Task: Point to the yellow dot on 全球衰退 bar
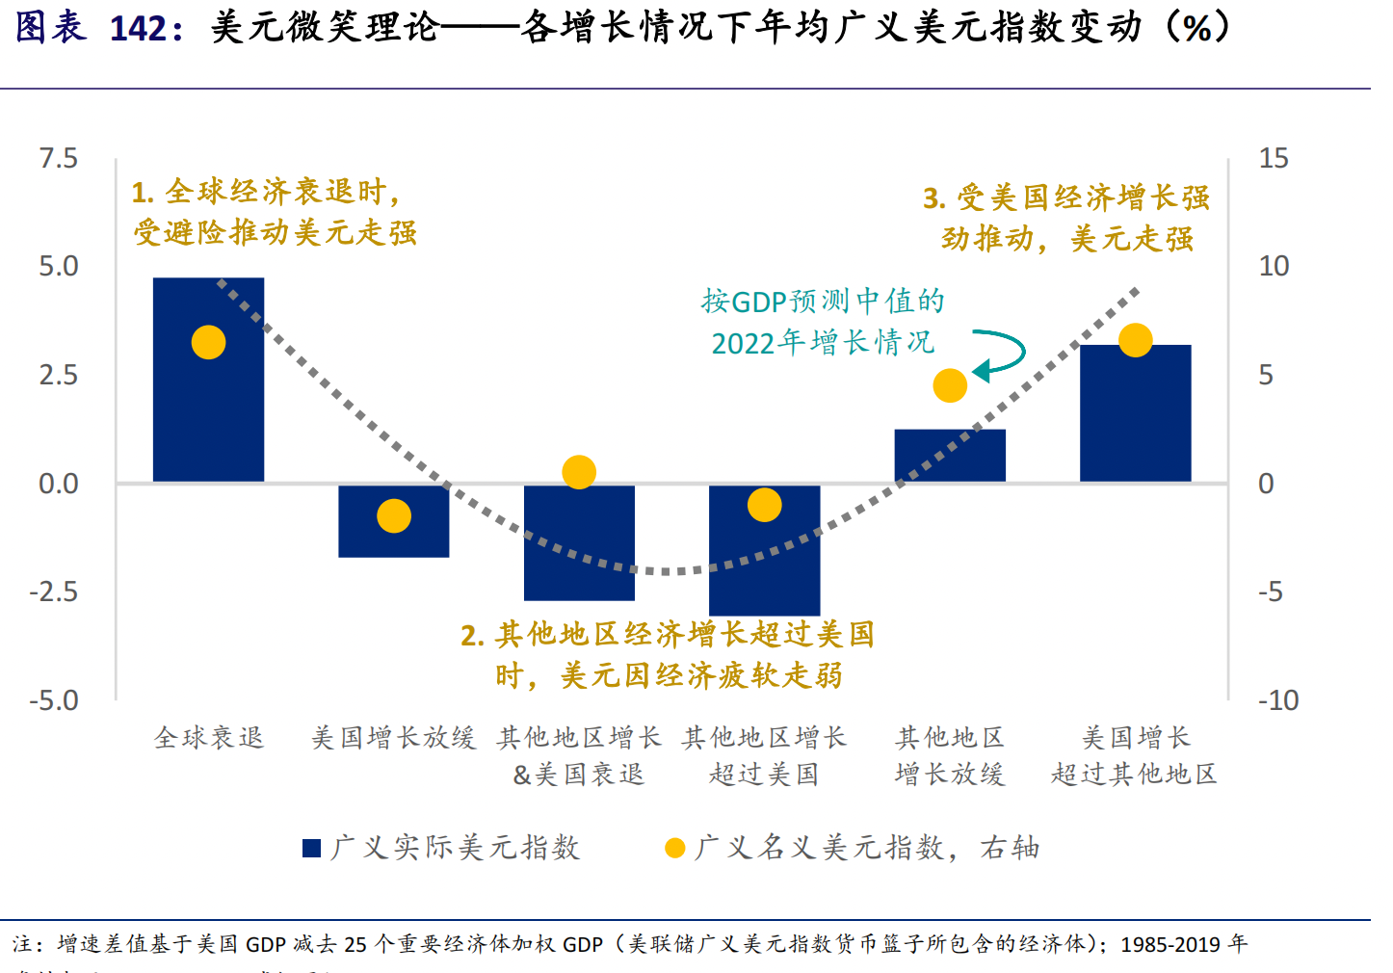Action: click(x=208, y=342)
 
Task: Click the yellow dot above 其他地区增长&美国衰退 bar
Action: click(x=579, y=472)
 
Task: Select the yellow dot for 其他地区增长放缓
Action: click(x=950, y=385)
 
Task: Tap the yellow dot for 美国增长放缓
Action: click(x=394, y=516)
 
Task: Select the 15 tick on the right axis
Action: click(x=1274, y=158)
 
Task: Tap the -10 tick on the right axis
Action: click(x=1277, y=700)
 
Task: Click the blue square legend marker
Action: click(x=311, y=848)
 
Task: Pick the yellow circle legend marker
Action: click(x=674, y=848)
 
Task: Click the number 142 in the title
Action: click(x=139, y=28)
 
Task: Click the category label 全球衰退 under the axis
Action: click(x=209, y=738)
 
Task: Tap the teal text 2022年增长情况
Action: click(x=823, y=342)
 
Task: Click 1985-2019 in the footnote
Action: click(x=1170, y=944)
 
